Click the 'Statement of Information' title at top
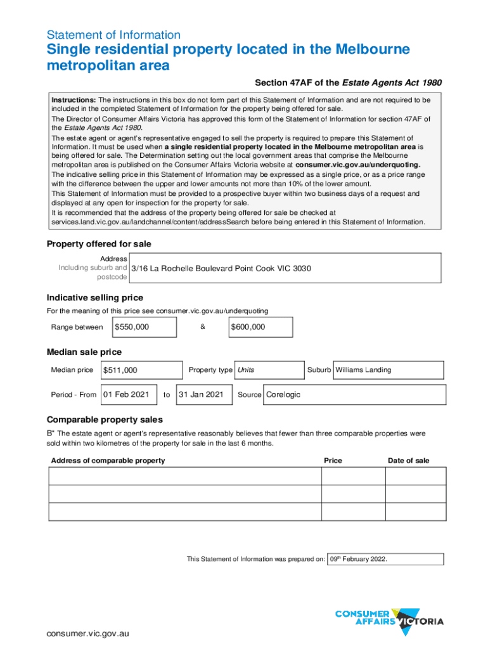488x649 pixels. tap(113, 35)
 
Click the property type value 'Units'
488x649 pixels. tap(246, 369)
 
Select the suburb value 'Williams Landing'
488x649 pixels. tap(363, 369)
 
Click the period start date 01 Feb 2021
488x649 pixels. tap(125, 394)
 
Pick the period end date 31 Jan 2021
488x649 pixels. tap(201, 394)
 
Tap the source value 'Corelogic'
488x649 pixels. tap(283, 394)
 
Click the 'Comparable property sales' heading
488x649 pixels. tap(105, 420)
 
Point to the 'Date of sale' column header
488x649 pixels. tap(408, 460)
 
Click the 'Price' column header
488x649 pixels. tap(333, 460)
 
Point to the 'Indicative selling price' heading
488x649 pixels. tap(95, 298)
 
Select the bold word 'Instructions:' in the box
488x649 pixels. tap(74, 100)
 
